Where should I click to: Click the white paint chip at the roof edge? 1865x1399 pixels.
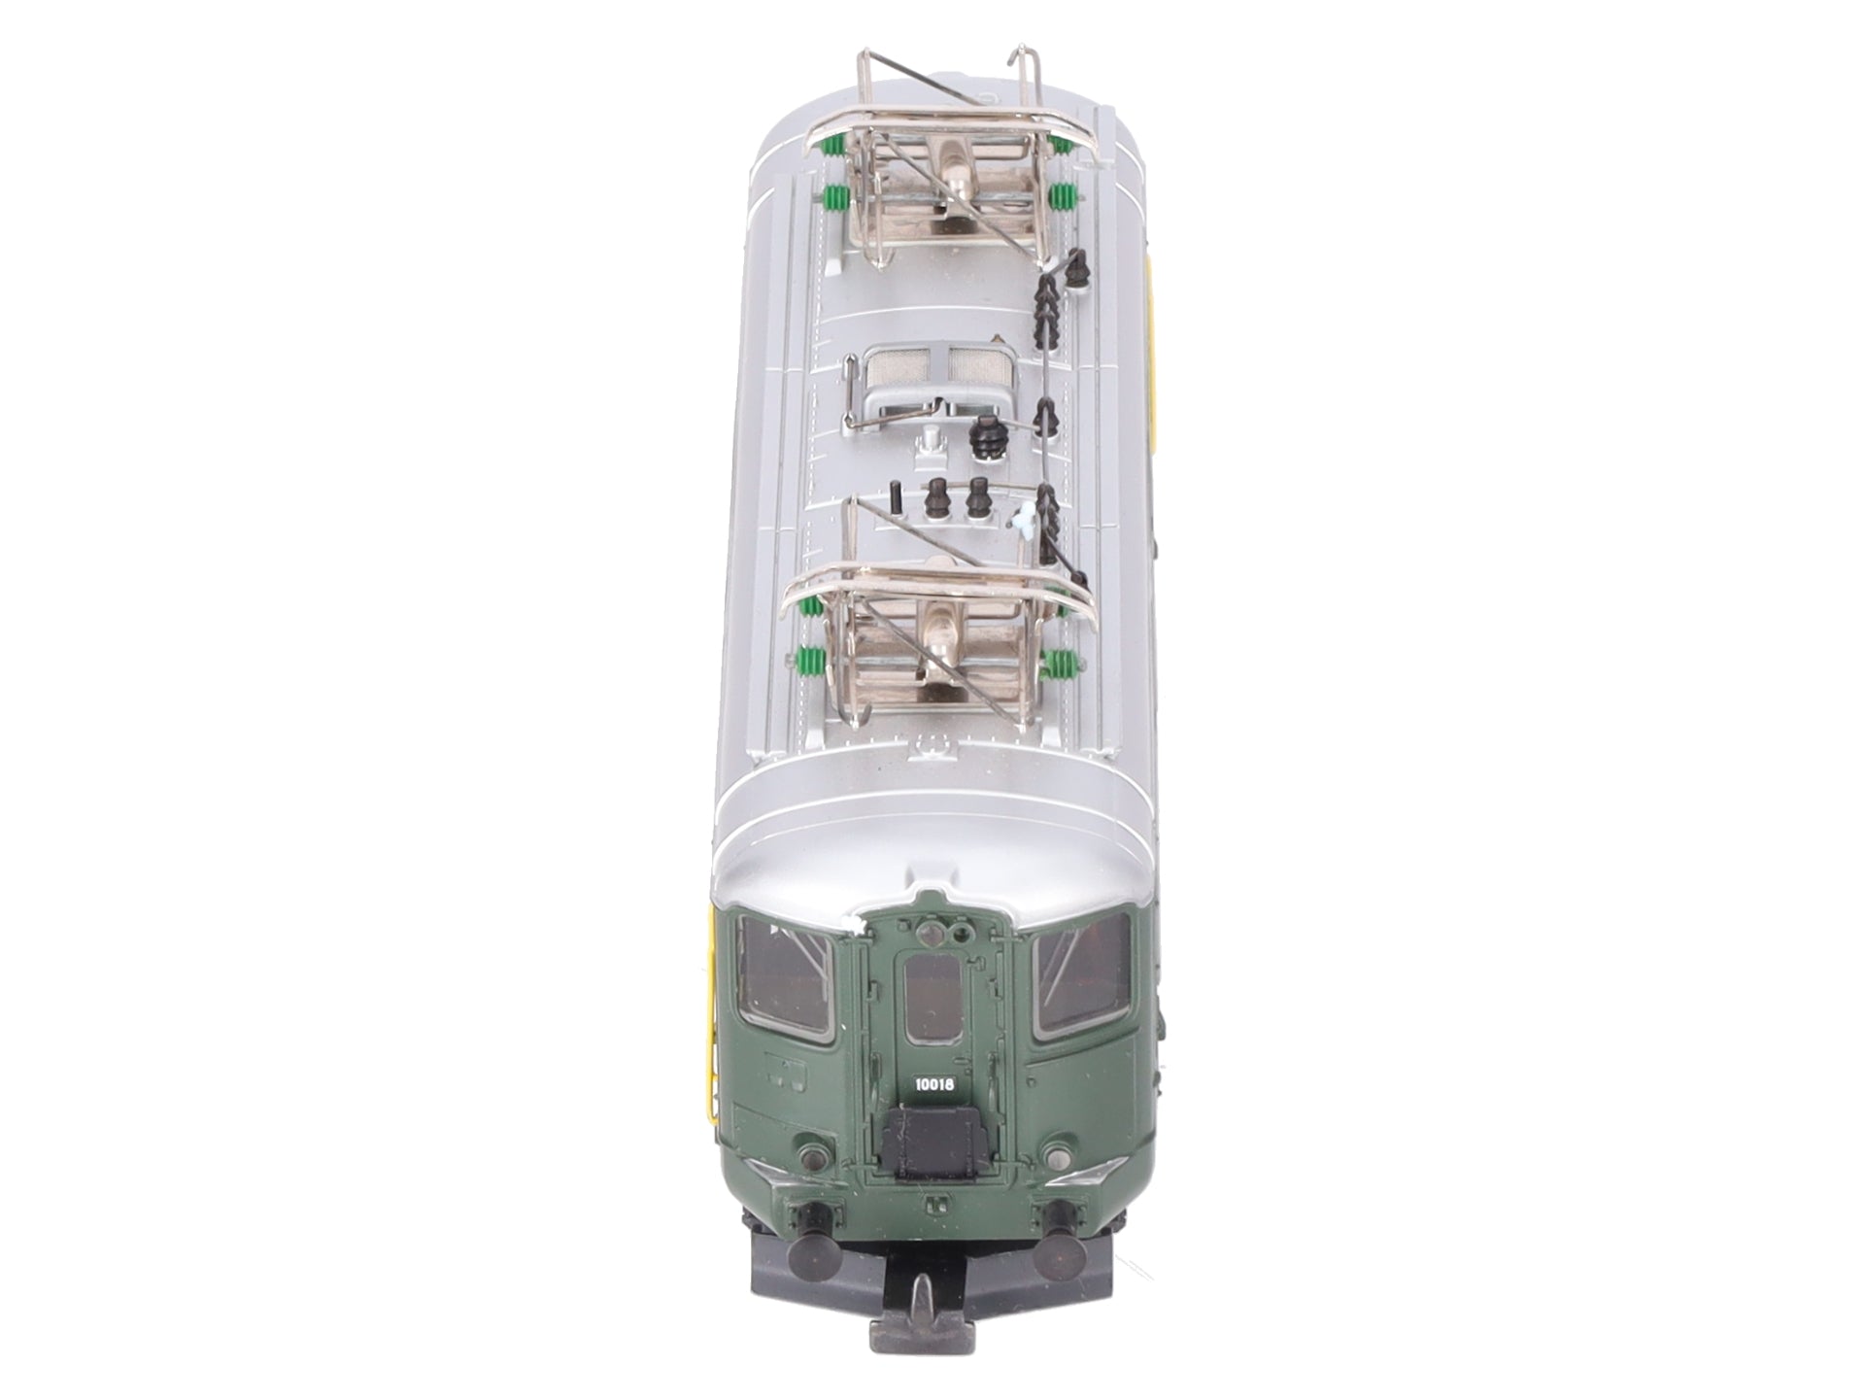tap(857, 927)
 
